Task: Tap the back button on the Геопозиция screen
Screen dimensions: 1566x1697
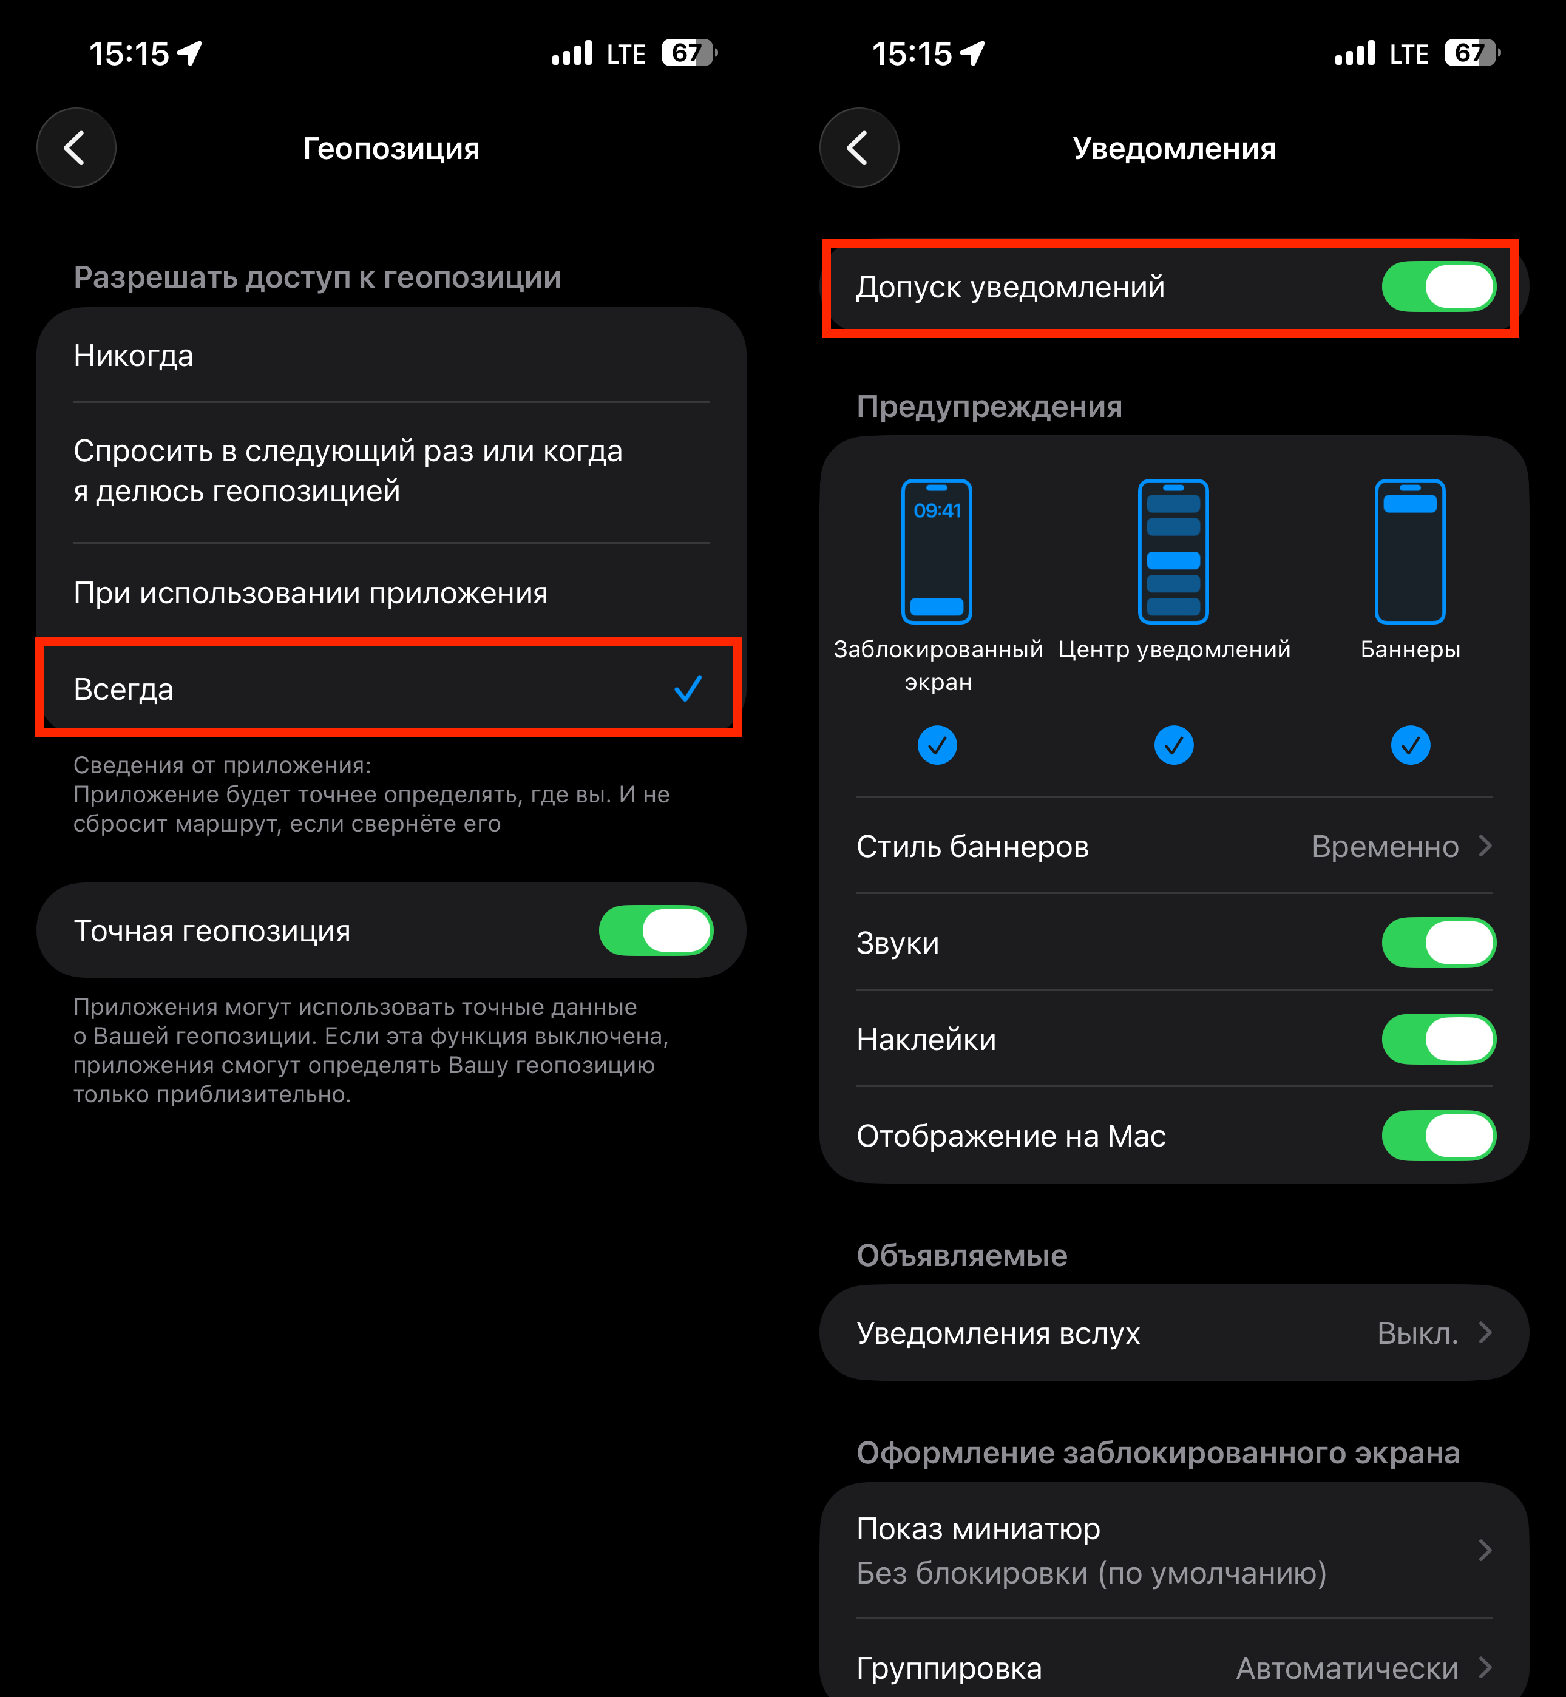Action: tap(76, 147)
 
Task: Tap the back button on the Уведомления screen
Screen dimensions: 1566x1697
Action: tap(859, 147)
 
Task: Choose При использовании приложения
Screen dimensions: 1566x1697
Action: tap(310, 593)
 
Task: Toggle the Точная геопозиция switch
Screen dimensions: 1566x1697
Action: tap(656, 930)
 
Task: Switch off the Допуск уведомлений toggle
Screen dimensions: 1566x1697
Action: tap(1439, 286)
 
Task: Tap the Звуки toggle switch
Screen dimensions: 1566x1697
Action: tap(1439, 942)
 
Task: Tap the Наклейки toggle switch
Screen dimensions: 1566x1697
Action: tap(1439, 1038)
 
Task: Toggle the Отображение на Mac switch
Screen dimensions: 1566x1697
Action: tap(1439, 1136)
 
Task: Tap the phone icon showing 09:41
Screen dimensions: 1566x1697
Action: tap(937, 552)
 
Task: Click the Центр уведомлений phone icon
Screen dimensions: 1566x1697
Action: tap(1174, 552)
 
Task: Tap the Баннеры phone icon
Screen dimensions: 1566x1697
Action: tap(1410, 552)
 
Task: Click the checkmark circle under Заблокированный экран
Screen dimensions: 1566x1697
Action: tap(937, 745)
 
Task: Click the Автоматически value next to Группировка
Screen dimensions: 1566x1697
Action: tap(1347, 1668)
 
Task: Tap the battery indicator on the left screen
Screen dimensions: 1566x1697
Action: tap(689, 53)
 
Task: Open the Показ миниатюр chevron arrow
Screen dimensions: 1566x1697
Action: tap(1485, 1551)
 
